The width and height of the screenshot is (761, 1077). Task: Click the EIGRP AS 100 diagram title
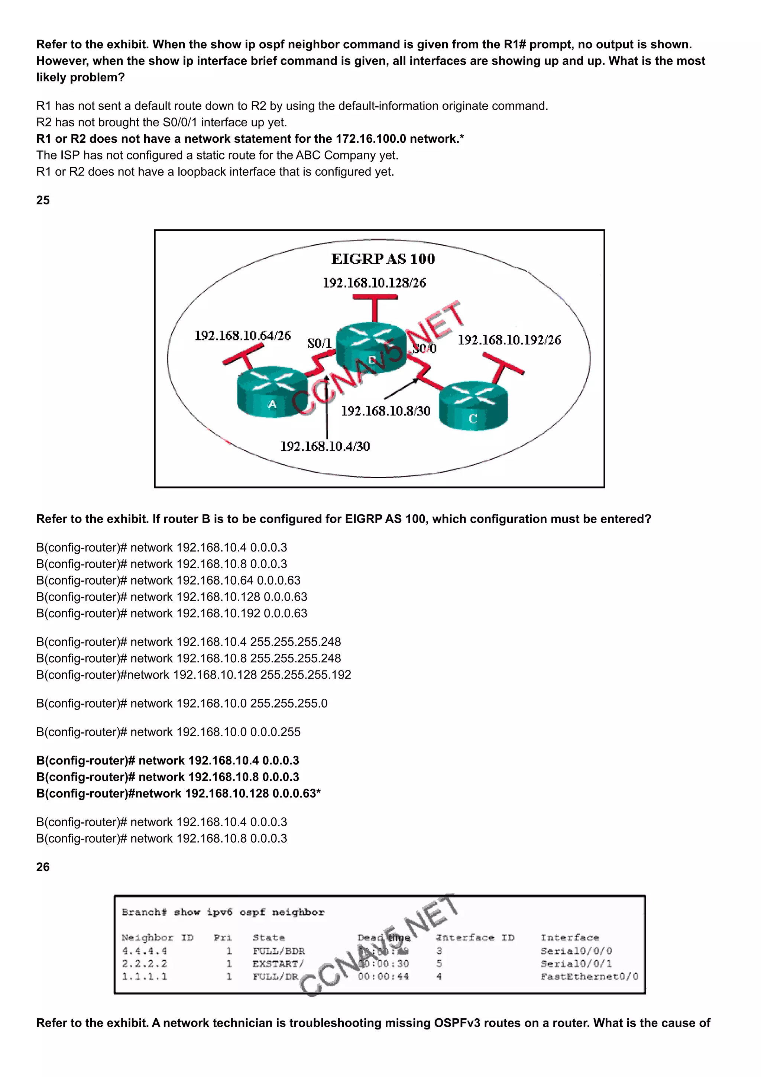(x=383, y=259)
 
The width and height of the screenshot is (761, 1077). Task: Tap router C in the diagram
(x=473, y=406)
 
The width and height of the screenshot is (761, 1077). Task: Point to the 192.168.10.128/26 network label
(x=374, y=283)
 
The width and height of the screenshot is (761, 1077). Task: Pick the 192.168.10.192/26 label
(x=509, y=340)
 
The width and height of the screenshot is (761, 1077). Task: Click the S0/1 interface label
(x=319, y=343)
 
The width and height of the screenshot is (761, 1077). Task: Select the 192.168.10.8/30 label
(x=385, y=411)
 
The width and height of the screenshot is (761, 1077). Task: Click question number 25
(x=43, y=200)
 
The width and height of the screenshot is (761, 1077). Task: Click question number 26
(x=43, y=867)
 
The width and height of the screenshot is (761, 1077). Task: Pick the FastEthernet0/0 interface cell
(x=589, y=976)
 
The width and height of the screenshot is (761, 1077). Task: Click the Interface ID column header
(x=475, y=937)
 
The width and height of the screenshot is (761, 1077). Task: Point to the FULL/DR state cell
(x=275, y=976)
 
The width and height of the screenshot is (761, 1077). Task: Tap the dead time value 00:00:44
(x=383, y=976)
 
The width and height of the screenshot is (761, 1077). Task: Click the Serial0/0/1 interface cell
(x=576, y=964)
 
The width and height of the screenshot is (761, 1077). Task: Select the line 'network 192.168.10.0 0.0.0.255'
(x=168, y=732)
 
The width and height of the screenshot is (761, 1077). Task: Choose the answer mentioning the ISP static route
(x=217, y=155)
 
